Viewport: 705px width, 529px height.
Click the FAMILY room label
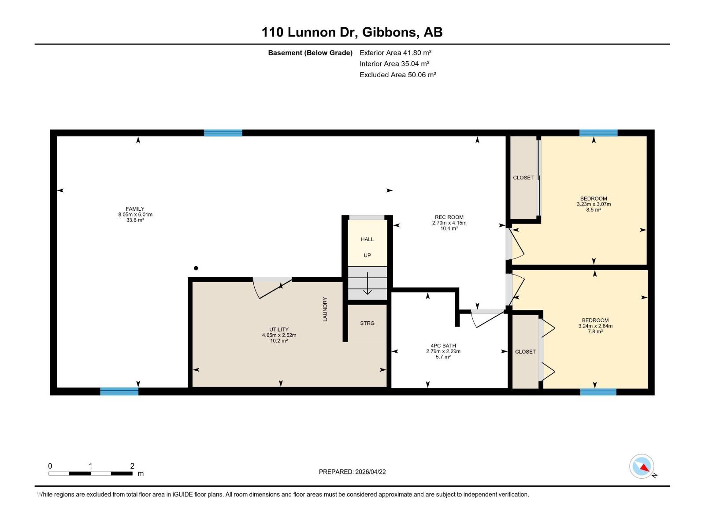point(135,209)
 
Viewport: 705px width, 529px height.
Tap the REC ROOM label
point(449,217)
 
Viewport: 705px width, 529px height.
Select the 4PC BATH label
point(443,346)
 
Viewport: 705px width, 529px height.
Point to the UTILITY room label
point(279,330)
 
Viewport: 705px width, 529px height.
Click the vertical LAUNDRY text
point(325,309)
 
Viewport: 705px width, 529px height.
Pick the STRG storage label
point(367,324)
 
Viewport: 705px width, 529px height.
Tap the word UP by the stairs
point(367,255)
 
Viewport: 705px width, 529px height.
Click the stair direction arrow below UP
point(367,283)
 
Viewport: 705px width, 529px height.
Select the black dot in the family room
point(196,268)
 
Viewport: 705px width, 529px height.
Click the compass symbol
point(642,466)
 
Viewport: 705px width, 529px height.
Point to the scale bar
point(91,473)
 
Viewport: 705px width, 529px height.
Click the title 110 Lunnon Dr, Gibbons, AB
point(352,32)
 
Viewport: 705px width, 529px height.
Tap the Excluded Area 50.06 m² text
point(397,75)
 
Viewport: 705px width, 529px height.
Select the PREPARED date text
point(352,472)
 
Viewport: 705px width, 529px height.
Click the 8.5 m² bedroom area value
point(594,210)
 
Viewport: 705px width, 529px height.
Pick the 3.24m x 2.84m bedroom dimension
point(595,326)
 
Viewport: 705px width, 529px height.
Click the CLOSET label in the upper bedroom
point(523,178)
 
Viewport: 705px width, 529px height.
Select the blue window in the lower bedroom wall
point(598,392)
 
